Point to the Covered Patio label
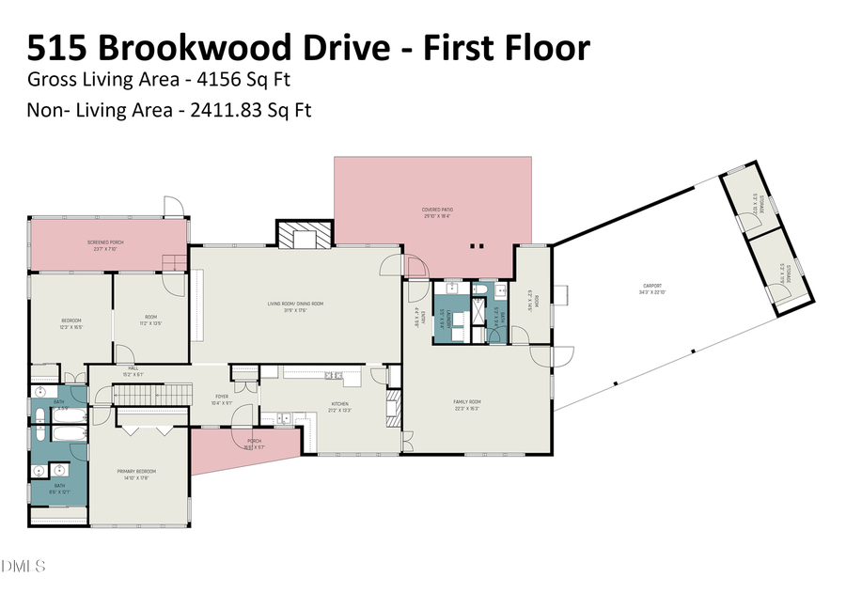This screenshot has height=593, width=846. coord(436,211)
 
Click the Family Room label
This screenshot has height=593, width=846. coord(466,404)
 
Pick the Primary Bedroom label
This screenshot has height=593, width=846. coord(135,473)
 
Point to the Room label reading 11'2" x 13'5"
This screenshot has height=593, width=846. coord(150,320)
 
